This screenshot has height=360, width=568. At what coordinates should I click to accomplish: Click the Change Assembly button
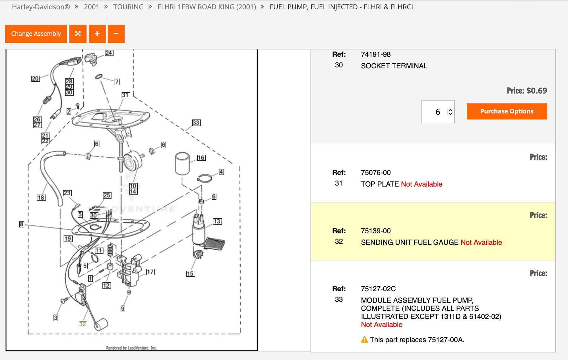[x=36, y=34]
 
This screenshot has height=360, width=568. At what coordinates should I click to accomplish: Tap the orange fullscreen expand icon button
[x=78, y=34]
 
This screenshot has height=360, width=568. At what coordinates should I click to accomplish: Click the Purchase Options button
[x=507, y=111]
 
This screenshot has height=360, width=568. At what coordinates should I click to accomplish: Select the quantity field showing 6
[x=438, y=112]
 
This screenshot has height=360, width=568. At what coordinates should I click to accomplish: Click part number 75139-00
[x=376, y=231]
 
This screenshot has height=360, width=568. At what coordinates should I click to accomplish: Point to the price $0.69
[x=537, y=91]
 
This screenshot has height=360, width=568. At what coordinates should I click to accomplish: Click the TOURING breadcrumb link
[x=128, y=7]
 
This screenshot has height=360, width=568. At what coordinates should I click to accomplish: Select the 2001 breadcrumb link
[x=91, y=7]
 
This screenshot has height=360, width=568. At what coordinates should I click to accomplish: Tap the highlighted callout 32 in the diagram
[x=82, y=324]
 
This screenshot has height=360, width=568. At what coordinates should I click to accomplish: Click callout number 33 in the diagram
[x=196, y=123]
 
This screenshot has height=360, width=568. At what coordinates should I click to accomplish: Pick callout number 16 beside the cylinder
[x=201, y=158]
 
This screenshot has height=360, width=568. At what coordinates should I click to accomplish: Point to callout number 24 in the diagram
[x=109, y=53]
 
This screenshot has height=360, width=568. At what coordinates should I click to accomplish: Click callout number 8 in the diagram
[x=22, y=224]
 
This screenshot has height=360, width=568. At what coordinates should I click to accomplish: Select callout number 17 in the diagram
[x=150, y=272]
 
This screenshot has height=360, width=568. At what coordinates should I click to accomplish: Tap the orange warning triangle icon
[x=364, y=339]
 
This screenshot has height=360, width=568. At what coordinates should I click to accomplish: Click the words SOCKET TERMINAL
[x=394, y=66]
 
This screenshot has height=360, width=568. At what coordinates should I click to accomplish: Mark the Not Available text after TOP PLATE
[x=422, y=184]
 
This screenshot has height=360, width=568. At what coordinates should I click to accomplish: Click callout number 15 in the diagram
[x=191, y=274]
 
